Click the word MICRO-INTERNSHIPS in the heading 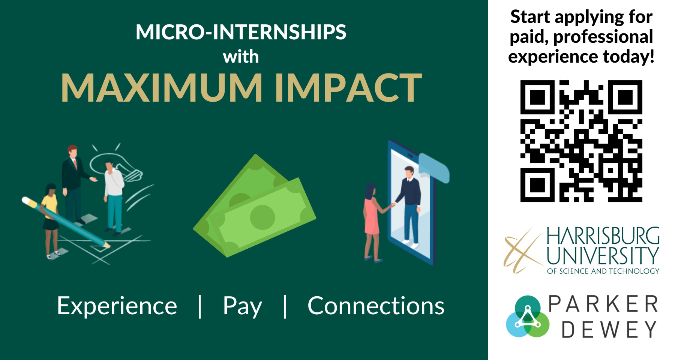[x=241, y=32]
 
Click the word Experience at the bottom [x=117, y=306]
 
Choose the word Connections [x=376, y=306]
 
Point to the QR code [x=581, y=141]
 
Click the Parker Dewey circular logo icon [x=527, y=316]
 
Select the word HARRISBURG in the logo [x=603, y=236]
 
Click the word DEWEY [x=609, y=330]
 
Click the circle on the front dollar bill [x=262, y=217]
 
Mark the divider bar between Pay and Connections [x=285, y=306]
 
